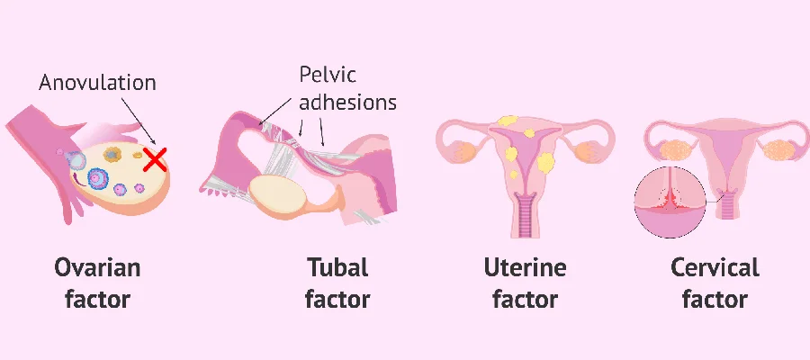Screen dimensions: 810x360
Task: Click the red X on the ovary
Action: [x=155, y=159]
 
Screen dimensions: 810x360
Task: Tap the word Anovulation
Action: [x=97, y=83]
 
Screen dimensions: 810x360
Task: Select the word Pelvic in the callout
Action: [x=328, y=75]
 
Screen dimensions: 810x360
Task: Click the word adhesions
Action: [x=347, y=102]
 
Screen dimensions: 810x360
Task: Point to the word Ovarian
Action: [x=97, y=267]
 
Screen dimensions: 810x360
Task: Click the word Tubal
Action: [x=337, y=267]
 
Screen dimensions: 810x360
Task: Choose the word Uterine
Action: [x=525, y=267]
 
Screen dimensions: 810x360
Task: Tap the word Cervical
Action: [x=715, y=267]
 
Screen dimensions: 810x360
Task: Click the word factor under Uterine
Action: [x=525, y=299]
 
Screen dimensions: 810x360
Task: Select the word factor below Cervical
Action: [x=715, y=299]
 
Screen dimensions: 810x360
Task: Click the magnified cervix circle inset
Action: [x=670, y=202]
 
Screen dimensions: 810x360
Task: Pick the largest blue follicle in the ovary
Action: [x=97, y=178]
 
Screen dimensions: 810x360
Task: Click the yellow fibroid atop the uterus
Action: [x=508, y=121]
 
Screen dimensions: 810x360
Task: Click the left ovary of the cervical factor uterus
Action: [x=676, y=149]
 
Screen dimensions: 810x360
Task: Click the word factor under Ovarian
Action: [x=97, y=299]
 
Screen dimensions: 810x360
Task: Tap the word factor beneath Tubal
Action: [x=337, y=299]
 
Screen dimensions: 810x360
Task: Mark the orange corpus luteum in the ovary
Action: [x=112, y=154]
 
